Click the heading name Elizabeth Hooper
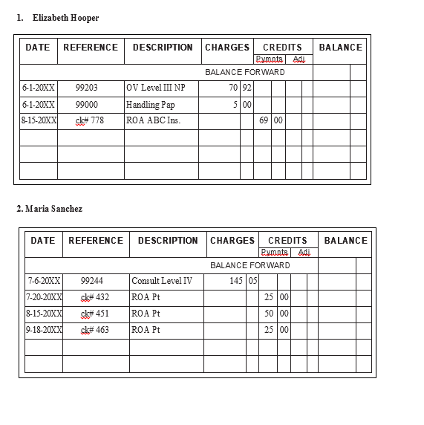tap(65, 18)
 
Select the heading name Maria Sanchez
tap(53, 209)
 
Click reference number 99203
tap(87, 88)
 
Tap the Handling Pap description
tap(151, 104)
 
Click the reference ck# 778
tap(90, 120)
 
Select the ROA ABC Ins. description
tap(153, 120)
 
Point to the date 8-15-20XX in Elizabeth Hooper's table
tap(39, 120)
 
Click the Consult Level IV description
tap(162, 281)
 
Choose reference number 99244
tap(91, 281)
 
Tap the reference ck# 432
tap(94, 297)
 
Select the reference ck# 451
tap(94, 314)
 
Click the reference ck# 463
tap(94, 330)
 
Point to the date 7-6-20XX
tap(44, 281)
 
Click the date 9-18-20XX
tap(44, 330)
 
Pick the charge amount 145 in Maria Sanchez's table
tap(237, 281)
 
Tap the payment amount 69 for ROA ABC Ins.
tap(264, 120)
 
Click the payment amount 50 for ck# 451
tap(270, 314)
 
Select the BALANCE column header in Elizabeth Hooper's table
tap(340, 48)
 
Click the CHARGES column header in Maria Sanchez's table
tap(232, 241)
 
